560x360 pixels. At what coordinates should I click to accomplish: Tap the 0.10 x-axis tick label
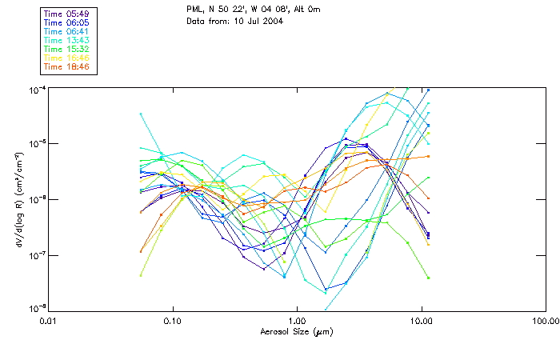coord(174,321)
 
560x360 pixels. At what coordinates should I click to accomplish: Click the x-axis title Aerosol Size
coord(296,331)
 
